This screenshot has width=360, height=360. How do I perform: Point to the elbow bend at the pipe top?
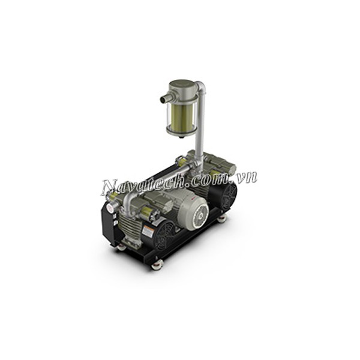click(x=200, y=86)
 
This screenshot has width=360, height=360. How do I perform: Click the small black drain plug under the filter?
click(x=181, y=137)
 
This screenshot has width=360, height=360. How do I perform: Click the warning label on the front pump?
click(x=148, y=231)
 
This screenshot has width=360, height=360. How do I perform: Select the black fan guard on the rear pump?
click(x=228, y=196)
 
